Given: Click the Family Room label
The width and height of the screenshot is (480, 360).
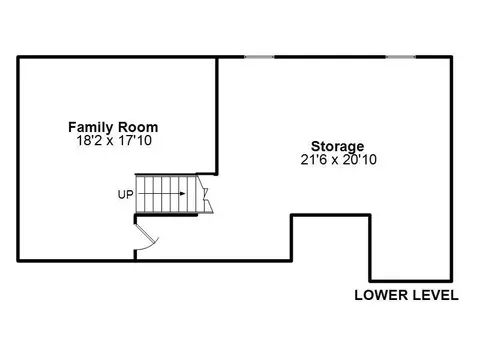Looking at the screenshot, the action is (x=113, y=127).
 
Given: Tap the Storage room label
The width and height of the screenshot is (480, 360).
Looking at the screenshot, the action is (x=337, y=146).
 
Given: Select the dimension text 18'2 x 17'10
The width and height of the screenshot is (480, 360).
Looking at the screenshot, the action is (x=114, y=140).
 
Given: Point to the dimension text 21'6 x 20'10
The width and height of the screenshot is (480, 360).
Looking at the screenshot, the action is (x=338, y=159).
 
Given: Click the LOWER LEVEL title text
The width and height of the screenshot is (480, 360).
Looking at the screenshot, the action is (x=406, y=295).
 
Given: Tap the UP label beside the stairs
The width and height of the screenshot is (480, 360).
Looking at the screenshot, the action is (x=125, y=194).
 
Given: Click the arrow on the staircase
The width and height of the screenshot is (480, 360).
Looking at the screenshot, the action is (x=162, y=194).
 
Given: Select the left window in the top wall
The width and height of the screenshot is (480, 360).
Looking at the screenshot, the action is (x=259, y=57).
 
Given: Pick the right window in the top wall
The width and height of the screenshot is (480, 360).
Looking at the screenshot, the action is (x=401, y=57).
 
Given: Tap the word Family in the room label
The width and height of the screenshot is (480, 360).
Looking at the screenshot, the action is (x=91, y=127).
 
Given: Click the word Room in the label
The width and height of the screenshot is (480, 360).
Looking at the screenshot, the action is (x=138, y=127).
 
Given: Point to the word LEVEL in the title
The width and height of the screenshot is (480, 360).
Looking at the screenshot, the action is (x=436, y=295).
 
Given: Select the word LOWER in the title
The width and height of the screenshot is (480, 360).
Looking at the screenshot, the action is (x=381, y=295).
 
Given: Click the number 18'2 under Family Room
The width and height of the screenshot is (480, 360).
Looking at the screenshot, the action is (x=89, y=140).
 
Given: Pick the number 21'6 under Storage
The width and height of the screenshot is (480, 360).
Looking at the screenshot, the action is (x=313, y=159).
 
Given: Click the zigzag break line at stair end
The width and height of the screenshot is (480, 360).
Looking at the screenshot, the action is (x=205, y=194).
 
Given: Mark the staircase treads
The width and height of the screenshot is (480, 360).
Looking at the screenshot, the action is (x=166, y=194).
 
